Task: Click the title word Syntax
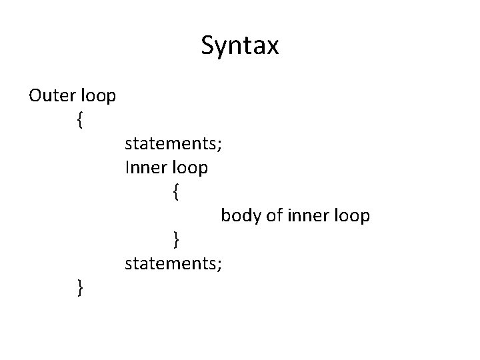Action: pos(240,47)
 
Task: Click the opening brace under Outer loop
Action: pos(80,120)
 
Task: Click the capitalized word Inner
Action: pos(145,167)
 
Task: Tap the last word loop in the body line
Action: pos(350,217)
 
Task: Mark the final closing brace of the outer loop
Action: pos(80,288)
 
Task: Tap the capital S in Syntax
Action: pos(207,47)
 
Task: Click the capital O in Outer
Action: pos(36,95)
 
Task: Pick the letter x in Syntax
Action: pos(273,49)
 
